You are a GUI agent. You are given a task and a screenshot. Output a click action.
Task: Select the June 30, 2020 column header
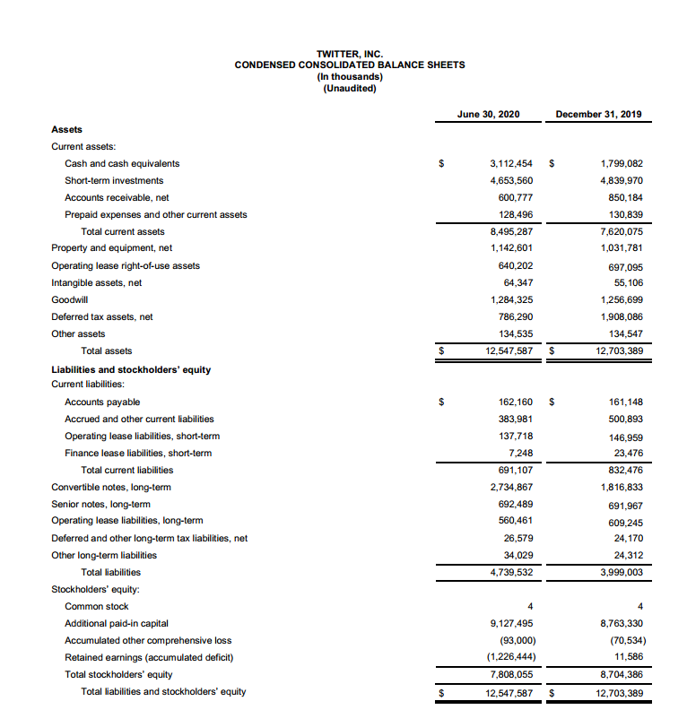pyautogui.click(x=488, y=114)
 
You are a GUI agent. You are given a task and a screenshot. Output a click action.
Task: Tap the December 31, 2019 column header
pyautogui.click(x=598, y=114)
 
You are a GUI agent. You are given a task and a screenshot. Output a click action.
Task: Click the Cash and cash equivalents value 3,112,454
pyautogui.click(x=511, y=163)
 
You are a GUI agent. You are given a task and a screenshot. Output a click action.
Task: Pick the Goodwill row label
pyautogui.click(x=67, y=299)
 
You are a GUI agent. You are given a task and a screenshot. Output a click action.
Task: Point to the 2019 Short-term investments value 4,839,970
pyautogui.click(x=622, y=180)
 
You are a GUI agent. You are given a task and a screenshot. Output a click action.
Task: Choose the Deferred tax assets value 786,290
pyautogui.click(x=515, y=316)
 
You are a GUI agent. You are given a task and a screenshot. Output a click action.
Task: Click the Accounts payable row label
pyautogui.click(x=102, y=402)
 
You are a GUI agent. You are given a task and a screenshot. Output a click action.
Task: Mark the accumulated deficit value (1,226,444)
pyautogui.click(x=509, y=657)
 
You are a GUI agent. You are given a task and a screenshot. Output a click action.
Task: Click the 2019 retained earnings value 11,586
pyautogui.click(x=628, y=657)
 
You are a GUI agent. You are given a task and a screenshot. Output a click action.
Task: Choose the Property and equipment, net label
pyautogui.click(x=112, y=248)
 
